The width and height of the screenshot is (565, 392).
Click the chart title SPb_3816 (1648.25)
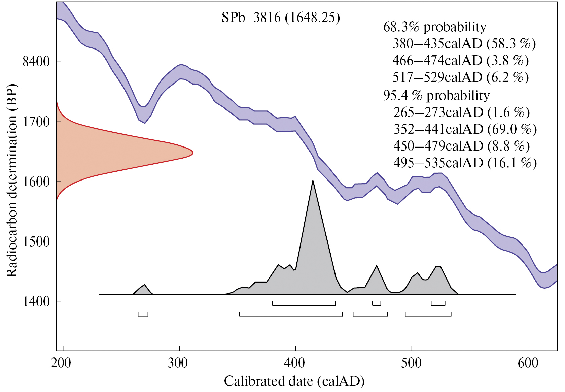click(x=281, y=18)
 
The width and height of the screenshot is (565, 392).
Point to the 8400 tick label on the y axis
click(x=36, y=62)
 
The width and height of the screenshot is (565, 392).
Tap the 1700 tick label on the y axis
click(x=36, y=122)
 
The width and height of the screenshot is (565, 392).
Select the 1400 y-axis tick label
click(x=36, y=301)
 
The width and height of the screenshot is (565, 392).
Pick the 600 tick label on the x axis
click(x=528, y=363)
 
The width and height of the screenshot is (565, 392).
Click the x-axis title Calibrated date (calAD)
click(x=294, y=381)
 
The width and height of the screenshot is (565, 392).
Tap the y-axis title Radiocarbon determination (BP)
click(x=12, y=180)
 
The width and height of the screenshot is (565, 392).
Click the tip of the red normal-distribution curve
click(x=192, y=153)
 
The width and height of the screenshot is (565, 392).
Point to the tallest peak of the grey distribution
click(x=313, y=181)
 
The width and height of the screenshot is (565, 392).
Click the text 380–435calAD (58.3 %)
click(x=464, y=44)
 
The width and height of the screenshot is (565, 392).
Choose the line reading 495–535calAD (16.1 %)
click(x=465, y=163)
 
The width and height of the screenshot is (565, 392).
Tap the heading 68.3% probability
click(x=434, y=27)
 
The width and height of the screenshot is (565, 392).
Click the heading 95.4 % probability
click(x=436, y=96)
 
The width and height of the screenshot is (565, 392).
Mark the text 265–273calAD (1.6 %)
click(x=461, y=112)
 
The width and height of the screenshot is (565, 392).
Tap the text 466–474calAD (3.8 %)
click(x=460, y=61)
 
